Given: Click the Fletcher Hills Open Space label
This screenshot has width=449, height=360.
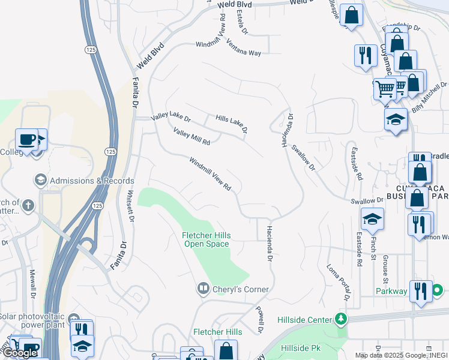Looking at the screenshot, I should pos(206,239).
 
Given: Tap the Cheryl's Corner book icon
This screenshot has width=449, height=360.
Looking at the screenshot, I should pos(204,289).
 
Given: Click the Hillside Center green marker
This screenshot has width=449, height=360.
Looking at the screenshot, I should pos(342,319).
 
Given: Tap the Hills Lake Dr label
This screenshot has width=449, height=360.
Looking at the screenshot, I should pos(232,123).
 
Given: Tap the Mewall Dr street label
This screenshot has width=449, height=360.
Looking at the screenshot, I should pos(33,286).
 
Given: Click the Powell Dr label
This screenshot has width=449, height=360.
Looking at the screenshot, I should pos(260,321).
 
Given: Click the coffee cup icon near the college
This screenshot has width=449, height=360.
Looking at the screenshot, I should pos(26,139).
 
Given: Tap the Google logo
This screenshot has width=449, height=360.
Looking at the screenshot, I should pos(19,353).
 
